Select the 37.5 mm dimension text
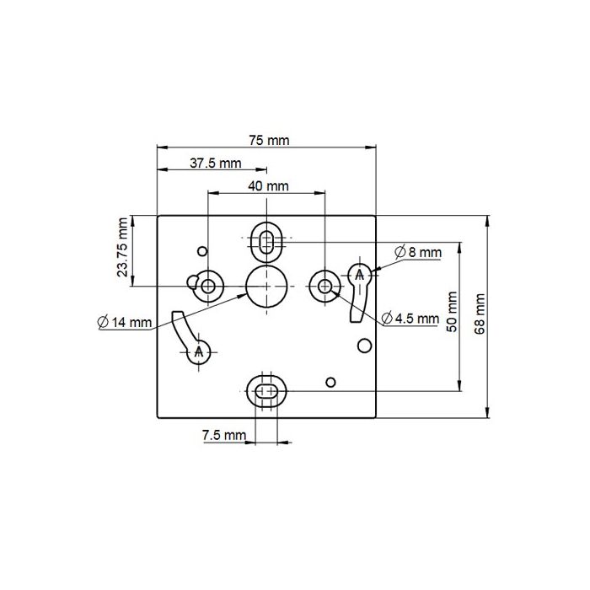pos(214,164)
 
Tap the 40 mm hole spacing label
pos(268,185)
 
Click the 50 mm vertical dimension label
pos(453,313)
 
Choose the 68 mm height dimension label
pos(480,314)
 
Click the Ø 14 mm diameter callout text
pos(125,321)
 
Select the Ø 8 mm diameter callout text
pos(418,252)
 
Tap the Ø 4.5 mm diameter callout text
pos(410,318)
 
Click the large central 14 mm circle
pos(266,286)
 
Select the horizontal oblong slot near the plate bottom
pos(267,390)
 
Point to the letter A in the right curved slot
pos(360,275)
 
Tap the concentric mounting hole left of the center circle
pos(209,286)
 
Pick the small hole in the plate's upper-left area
pos(201,251)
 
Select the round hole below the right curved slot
pos(364,345)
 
